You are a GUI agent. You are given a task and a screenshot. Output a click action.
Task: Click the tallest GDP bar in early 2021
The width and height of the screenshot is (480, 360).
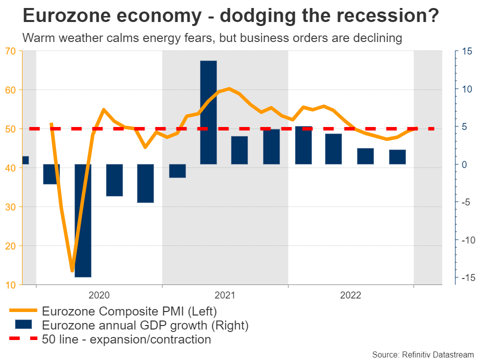click(208, 112)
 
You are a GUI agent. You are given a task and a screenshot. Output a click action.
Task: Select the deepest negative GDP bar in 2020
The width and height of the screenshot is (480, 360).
click(83, 220)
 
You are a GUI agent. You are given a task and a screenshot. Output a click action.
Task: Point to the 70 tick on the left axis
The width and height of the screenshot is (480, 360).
click(10, 51)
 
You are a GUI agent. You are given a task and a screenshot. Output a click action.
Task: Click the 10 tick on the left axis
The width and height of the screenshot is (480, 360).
click(10, 285)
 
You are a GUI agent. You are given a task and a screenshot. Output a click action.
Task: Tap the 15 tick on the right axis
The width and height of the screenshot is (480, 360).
click(467, 51)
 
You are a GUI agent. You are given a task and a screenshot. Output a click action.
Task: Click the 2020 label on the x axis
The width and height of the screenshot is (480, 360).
click(98, 295)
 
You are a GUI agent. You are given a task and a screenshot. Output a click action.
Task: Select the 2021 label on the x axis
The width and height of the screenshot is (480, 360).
click(224, 295)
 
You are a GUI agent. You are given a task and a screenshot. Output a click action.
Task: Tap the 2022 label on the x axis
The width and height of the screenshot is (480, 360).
click(350, 295)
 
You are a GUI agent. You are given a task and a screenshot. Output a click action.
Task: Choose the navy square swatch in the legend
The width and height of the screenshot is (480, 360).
click(23, 325)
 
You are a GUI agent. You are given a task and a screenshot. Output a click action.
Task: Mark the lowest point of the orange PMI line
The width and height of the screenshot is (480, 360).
click(72, 271)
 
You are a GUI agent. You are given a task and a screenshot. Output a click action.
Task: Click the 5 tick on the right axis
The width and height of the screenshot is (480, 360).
click(464, 126)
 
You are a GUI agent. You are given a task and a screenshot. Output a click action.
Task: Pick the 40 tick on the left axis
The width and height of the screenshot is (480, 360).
click(10, 168)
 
